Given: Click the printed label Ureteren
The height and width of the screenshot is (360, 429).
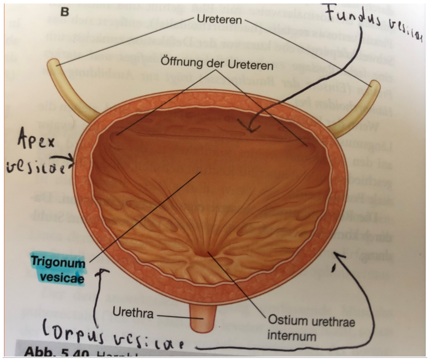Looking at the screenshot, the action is [x=219, y=19].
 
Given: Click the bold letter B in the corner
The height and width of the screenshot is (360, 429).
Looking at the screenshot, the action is [x=65, y=12].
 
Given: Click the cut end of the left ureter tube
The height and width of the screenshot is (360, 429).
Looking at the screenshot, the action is [x=53, y=65].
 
